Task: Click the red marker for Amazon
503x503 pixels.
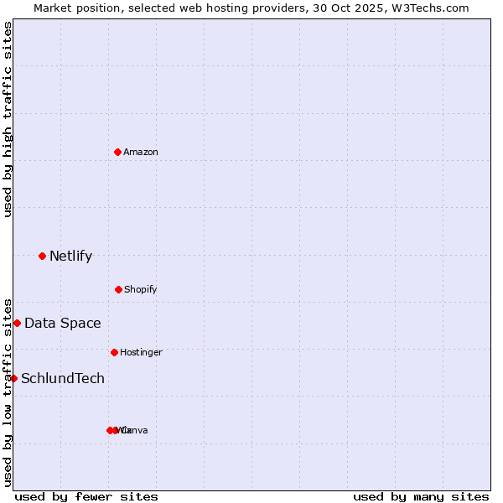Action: click(117, 152)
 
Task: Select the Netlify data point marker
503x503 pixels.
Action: click(42, 256)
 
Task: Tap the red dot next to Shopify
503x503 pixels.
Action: click(118, 289)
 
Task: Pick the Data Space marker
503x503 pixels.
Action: click(17, 323)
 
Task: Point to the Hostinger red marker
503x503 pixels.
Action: click(114, 352)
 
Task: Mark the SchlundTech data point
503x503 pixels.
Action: click(13, 378)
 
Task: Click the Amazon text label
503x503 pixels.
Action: click(141, 152)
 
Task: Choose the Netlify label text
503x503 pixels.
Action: click(70, 256)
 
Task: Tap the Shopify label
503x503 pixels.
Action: click(141, 289)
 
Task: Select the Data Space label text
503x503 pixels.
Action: click(63, 323)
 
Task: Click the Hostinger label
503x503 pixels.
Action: click(141, 352)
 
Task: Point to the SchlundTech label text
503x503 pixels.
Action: click(63, 378)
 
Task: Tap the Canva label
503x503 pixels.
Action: click(136, 430)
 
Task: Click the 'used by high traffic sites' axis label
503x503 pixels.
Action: click(8, 119)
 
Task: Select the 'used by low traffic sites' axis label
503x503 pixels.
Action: click(8, 392)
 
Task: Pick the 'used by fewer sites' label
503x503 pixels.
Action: click(86, 496)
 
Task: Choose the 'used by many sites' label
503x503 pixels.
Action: click(421, 496)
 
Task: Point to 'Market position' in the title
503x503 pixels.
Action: click(71, 8)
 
